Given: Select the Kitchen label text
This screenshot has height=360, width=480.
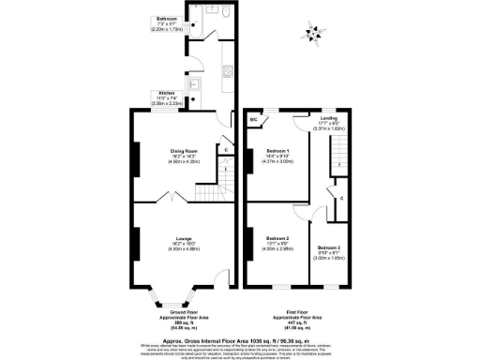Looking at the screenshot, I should (x=165, y=94).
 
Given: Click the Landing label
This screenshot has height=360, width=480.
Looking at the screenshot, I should (x=328, y=119).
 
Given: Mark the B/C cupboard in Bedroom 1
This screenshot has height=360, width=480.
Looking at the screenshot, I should (x=254, y=121).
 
